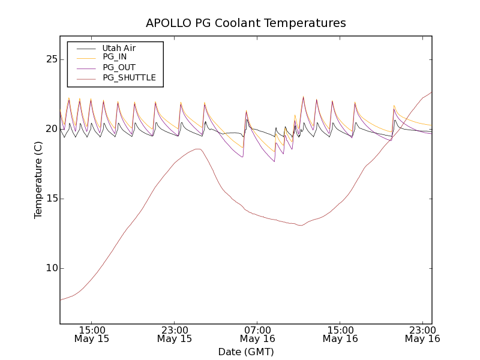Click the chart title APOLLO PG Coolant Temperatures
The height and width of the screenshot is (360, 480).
[x=246, y=23]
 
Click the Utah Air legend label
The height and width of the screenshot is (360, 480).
[x=119, y=48]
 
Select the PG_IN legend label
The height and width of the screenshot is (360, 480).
[x=115, y=57]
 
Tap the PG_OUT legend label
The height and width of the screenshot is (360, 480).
[x=119, y=67]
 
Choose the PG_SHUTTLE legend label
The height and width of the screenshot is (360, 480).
[x=129, y=77]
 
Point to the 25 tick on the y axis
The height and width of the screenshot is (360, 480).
[x=51, y=59]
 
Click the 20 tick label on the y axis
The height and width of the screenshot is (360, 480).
[x=51, y=129]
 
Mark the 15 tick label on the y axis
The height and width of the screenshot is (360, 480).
[x=51, y=199]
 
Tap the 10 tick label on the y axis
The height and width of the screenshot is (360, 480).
[x=51, y=268]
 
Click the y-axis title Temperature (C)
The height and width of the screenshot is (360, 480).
[x=38, y=179]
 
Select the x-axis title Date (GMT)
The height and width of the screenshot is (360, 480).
[x=246, y=352]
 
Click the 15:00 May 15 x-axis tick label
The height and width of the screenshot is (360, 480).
[x=92, y=334]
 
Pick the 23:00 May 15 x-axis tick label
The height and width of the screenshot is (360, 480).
[x=175, y=334]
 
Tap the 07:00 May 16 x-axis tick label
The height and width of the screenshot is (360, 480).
[x=257, y=334]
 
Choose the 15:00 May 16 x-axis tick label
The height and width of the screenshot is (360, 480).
[x=340, y=334]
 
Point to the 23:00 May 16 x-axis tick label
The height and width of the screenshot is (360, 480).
[x=422, y=334]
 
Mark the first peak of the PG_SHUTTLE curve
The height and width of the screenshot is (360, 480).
[x=197, y=149]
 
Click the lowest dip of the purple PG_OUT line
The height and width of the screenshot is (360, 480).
[x=274, y=161]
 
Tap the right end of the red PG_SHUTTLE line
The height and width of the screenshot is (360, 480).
[x=431, y=92]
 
